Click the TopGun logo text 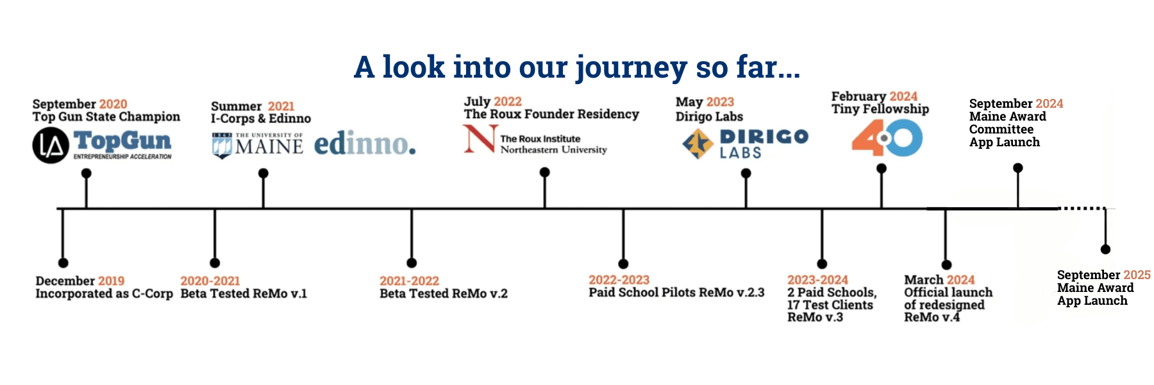click(122, 141)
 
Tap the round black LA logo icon click(51, 146)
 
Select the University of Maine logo click(257, 145)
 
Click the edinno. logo click(364, 144)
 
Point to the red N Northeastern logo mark click(480, 139)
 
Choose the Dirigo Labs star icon click(698, 143)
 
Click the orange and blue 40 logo click(887, 138)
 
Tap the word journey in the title click(631, 68)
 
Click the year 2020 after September click(113, 104)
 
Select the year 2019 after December click(111, 281)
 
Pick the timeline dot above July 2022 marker click(544, 172)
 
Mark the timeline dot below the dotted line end click(1105, 249)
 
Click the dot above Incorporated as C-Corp click(63, 262)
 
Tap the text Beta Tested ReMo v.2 click(443, 294)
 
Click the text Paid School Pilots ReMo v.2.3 click(676, 293)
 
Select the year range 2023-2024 click(817, 280)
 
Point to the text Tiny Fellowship click(880, 109)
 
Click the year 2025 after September click(1137, 275)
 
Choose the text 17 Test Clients click(830, 305)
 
